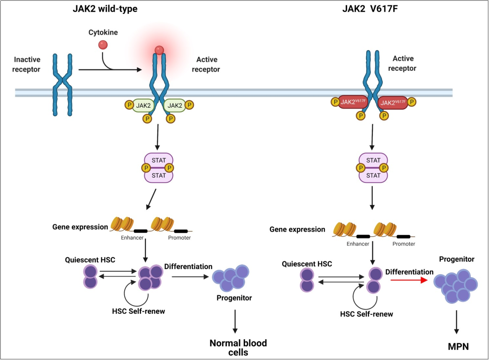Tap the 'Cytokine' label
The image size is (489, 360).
point(103,32)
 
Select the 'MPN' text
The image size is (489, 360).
point(458,347)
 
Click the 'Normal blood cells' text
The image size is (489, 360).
point(238,347)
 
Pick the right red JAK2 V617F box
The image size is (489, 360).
point(393,102)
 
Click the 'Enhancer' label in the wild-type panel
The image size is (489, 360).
point(132,238)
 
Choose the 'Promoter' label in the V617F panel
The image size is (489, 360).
point(403,244)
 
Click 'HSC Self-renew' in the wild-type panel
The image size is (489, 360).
point(138,311)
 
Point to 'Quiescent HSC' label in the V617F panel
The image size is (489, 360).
point(307,264)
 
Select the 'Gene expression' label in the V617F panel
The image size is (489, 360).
point(297,230)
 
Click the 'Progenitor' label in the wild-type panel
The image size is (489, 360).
point(234,298)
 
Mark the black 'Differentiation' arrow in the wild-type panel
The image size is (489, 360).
point(189,276)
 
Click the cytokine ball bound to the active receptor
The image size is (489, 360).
point(159,50)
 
